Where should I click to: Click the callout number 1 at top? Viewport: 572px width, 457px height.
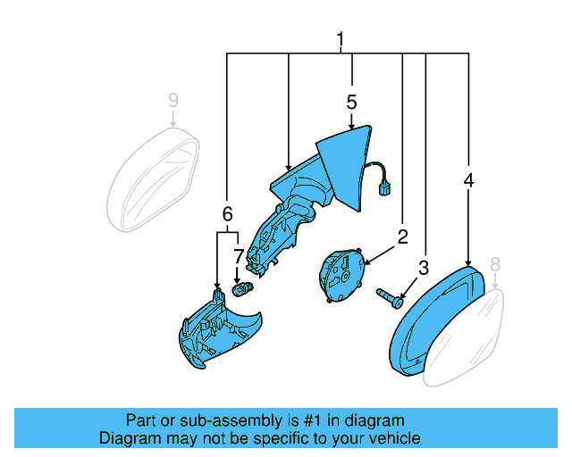click(341, 40)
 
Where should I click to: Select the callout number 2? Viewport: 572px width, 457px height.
click(402, 237)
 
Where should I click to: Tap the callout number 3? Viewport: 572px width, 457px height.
click(424, 267)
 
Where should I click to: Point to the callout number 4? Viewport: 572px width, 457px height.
click(468, 180)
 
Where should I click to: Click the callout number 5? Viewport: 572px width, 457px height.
click(351, 102)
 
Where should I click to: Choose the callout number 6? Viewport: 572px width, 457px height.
click(227, 213)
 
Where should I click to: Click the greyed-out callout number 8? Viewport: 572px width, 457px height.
click(495, 264)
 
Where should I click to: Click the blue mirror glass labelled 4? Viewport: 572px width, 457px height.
click(436, 319)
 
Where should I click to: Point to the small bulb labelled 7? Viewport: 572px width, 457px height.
click(241, 288)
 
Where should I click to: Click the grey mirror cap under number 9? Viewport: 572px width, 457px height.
click(152, 179)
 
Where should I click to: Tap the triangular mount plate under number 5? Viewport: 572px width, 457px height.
click(349, 165)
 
